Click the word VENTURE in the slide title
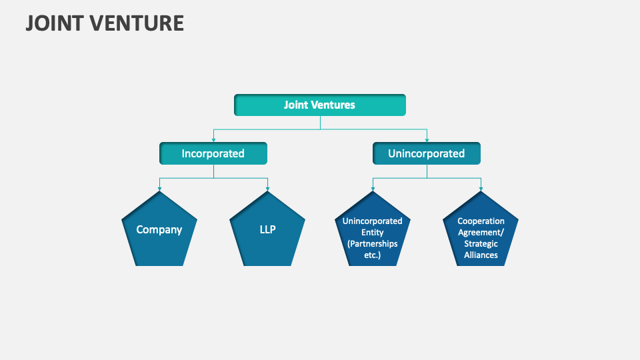[137, 23]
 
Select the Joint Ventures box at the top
[319, 105]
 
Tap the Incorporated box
[213, 153]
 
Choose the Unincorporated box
[426, 153]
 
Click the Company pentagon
[159, 233]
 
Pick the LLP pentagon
[267, 233]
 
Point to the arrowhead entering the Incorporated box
[213, 139]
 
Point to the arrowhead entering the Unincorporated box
[427, 139]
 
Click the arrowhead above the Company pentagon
[159, 189]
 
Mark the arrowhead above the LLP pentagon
[267, 189]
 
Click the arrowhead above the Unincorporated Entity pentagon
[373, 189]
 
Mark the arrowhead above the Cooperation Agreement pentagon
[481, 189]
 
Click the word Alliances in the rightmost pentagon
[481, 255]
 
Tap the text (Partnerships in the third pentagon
[372, 243]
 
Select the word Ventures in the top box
[334, 105]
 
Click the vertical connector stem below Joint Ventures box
[320, 123]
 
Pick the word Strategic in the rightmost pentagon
[481, 244]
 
